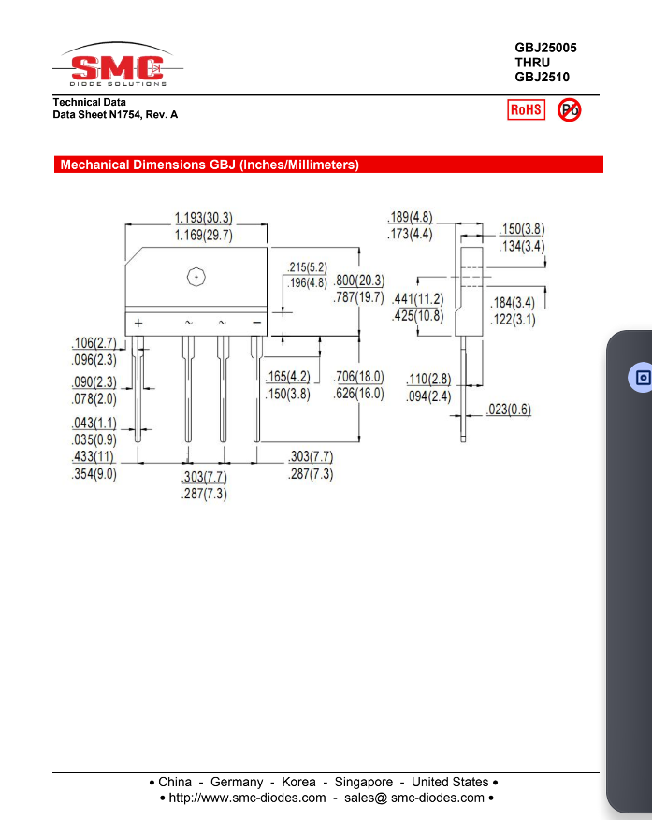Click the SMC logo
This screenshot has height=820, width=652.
point(118,67)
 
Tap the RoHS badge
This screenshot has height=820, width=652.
point(526,110)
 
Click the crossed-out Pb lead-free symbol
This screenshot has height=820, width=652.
point(569,110)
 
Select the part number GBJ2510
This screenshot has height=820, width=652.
point(542,78)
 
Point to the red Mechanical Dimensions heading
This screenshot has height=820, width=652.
point(210,165)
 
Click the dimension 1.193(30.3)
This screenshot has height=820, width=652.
point(203,218)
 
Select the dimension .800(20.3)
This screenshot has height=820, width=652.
point(358,281)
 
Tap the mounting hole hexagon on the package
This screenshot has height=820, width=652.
point(196,276)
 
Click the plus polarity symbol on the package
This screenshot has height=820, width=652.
point(138,323)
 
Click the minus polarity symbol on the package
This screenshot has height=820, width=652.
point(256,323)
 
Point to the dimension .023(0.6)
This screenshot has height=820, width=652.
point(509,410)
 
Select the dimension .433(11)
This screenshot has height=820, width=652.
point(94,457)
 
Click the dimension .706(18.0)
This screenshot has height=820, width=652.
point(358,377)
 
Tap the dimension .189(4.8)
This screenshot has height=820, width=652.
point(410,218)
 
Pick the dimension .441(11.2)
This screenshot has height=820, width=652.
point(417,299)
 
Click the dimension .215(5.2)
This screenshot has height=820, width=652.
point(307,267)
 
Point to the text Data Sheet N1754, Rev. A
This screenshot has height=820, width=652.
point(115,114)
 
